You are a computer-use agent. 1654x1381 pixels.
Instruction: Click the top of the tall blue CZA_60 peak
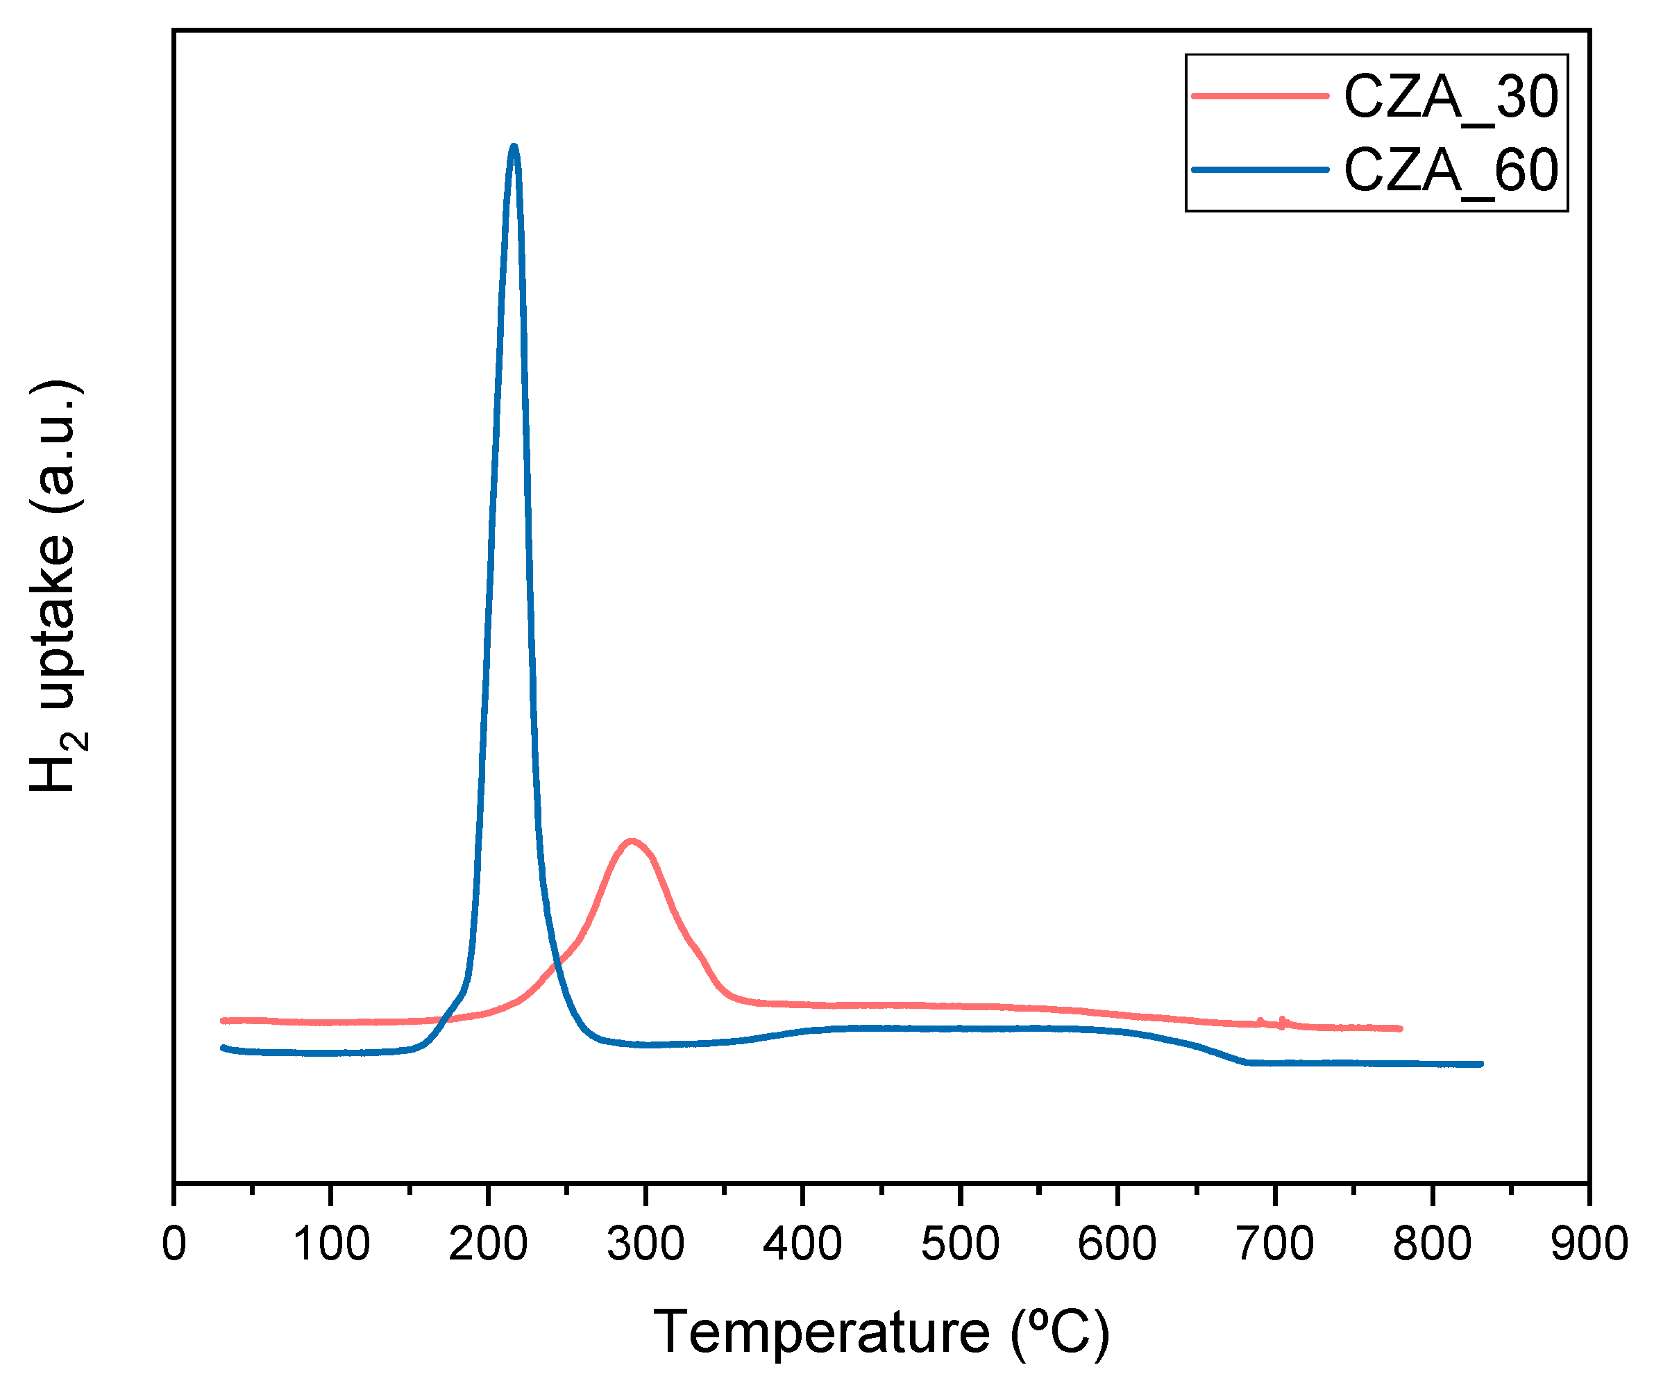pyautogui.click(x=514, y=147)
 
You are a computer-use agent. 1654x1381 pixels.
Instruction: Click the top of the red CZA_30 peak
pyautogui.click(x=631, y=842)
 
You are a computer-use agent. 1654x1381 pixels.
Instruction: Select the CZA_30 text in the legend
pyautogui.click(x=1450, y=98)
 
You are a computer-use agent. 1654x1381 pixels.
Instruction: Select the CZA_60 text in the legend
pyautogui.click(x=1450, y=170)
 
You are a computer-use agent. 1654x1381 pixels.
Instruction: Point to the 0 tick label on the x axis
pyautogui.click(x=174, y=1245)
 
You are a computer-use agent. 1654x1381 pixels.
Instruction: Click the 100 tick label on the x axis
pyautogui.click(x=331, y=1245)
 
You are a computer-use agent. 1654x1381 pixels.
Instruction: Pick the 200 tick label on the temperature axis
pyautogui.click(x=489, y=1245)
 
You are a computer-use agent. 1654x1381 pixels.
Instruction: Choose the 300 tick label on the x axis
pyautogui.click(x=646, y=1245)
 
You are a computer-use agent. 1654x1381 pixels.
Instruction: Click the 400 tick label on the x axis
pyautogui.click(x=802, y=1245)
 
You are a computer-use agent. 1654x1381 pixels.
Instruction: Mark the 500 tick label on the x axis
pyautogui.click(x=960, y=1245)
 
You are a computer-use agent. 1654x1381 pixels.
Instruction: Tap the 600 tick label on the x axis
pyautogui.click(x=1117, y=1245)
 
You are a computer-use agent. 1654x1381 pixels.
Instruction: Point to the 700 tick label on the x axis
pyautogui.click(x=1275, y=1245)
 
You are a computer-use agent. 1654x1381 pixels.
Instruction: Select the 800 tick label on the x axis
pyautogui.click(x=1432, y=1245)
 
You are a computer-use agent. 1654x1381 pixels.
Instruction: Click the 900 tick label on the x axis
pyautogui.click(x=1589, y=1245)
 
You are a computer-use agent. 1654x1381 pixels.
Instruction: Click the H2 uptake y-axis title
pyautogui.click(x=55, y=586)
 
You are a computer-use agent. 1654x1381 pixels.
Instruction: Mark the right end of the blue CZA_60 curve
pyautogui.click(x=1480, y=1064)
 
